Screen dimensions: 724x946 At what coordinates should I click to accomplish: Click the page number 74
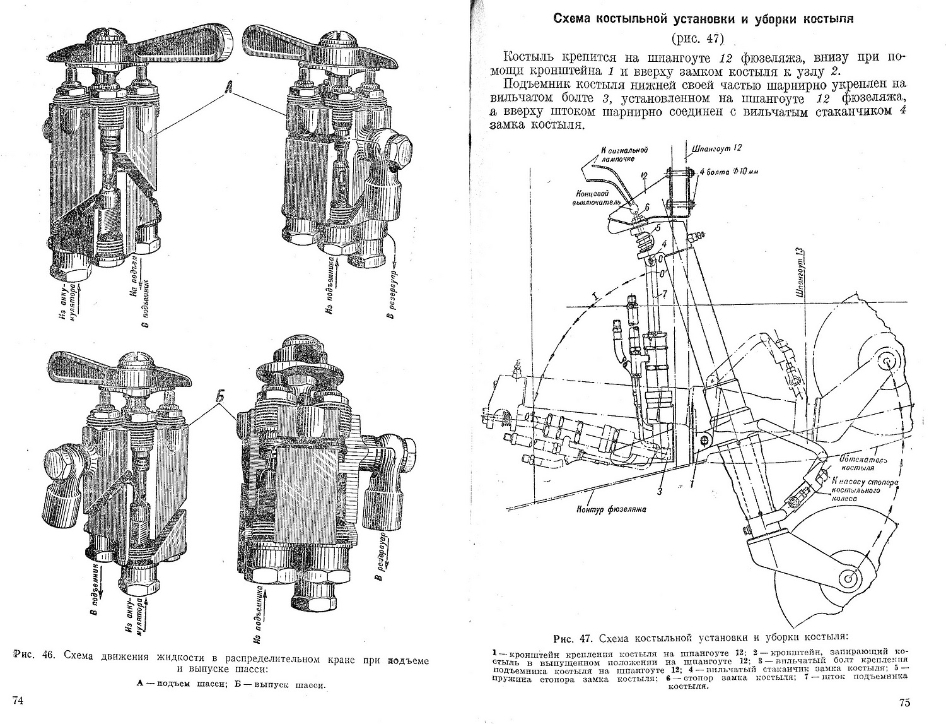coord(18,700)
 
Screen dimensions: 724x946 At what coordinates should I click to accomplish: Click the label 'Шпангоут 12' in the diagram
coord(718,147)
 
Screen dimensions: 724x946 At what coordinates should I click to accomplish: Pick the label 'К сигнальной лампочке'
coord(625,155)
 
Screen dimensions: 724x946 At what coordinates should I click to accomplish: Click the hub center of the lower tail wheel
coord(848,576)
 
